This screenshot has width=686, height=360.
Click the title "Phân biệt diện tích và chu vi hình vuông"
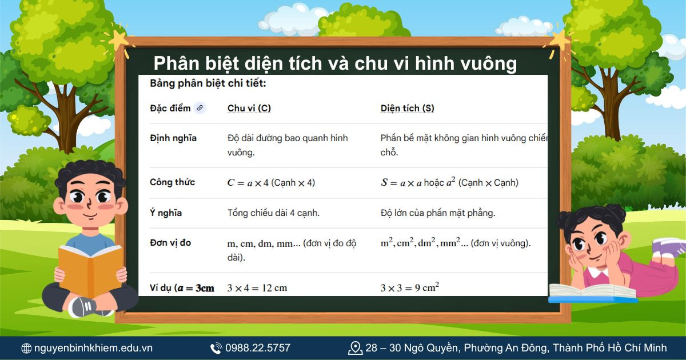[x=335, y=63]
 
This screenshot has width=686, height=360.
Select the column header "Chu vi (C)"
[x=249, y=108]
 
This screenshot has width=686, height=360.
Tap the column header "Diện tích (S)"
[x=407, y=108]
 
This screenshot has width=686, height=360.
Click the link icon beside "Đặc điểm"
[x=199, y=108]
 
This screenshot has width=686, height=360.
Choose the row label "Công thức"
[x=172, y=182]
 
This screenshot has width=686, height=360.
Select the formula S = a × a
[x=401, y=183]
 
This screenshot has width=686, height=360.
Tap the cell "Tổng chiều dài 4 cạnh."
[x=273, y=213]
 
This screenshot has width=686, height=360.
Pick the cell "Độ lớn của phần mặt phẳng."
[x=437, y=213]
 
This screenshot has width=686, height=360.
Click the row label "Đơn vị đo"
[x=170, y=243]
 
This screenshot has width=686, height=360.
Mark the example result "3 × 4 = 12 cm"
[x=257, y=288]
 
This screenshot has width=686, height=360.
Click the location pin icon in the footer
[x=355, y=347]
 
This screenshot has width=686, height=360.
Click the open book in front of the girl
[x=592, y=293]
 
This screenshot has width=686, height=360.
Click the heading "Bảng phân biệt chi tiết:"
[x=208, y=83]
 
